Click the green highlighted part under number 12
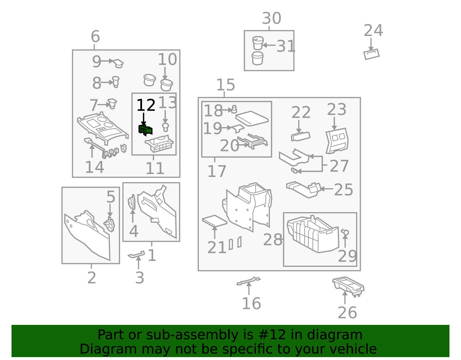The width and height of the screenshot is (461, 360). (145, 130)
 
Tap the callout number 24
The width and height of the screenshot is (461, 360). (373, 31)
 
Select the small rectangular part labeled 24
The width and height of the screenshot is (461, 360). (371, 54)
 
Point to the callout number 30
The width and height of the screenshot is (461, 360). (271, 18)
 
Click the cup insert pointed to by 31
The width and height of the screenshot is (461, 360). (258, 43)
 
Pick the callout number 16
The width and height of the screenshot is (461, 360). (252, 304)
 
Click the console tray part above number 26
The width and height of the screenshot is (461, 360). (348, 286)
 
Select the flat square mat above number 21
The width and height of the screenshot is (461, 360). (214, 221)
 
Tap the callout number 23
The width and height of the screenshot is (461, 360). (337, 110)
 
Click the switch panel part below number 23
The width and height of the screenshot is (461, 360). (337, 140)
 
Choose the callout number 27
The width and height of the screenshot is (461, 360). (339, 166)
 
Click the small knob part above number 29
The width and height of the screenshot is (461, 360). (345, 232)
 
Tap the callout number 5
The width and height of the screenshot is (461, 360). (111, 197)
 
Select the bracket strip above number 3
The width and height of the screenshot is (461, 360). (136, 254)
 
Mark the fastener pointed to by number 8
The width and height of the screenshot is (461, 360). (116, 82)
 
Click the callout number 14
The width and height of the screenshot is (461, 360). (95, 167)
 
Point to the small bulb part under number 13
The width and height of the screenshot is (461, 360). (165, 127)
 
